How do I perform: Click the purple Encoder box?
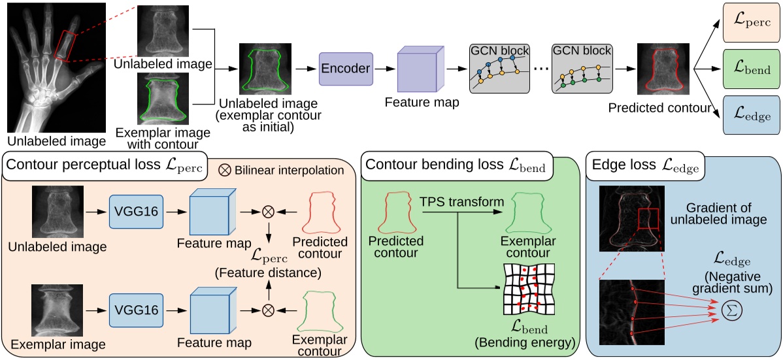[x=345, y=68]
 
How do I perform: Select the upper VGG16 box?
[x=136, y=211]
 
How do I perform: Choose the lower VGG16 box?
[x=136, y=307]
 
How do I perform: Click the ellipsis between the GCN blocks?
[x=540, y=68]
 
